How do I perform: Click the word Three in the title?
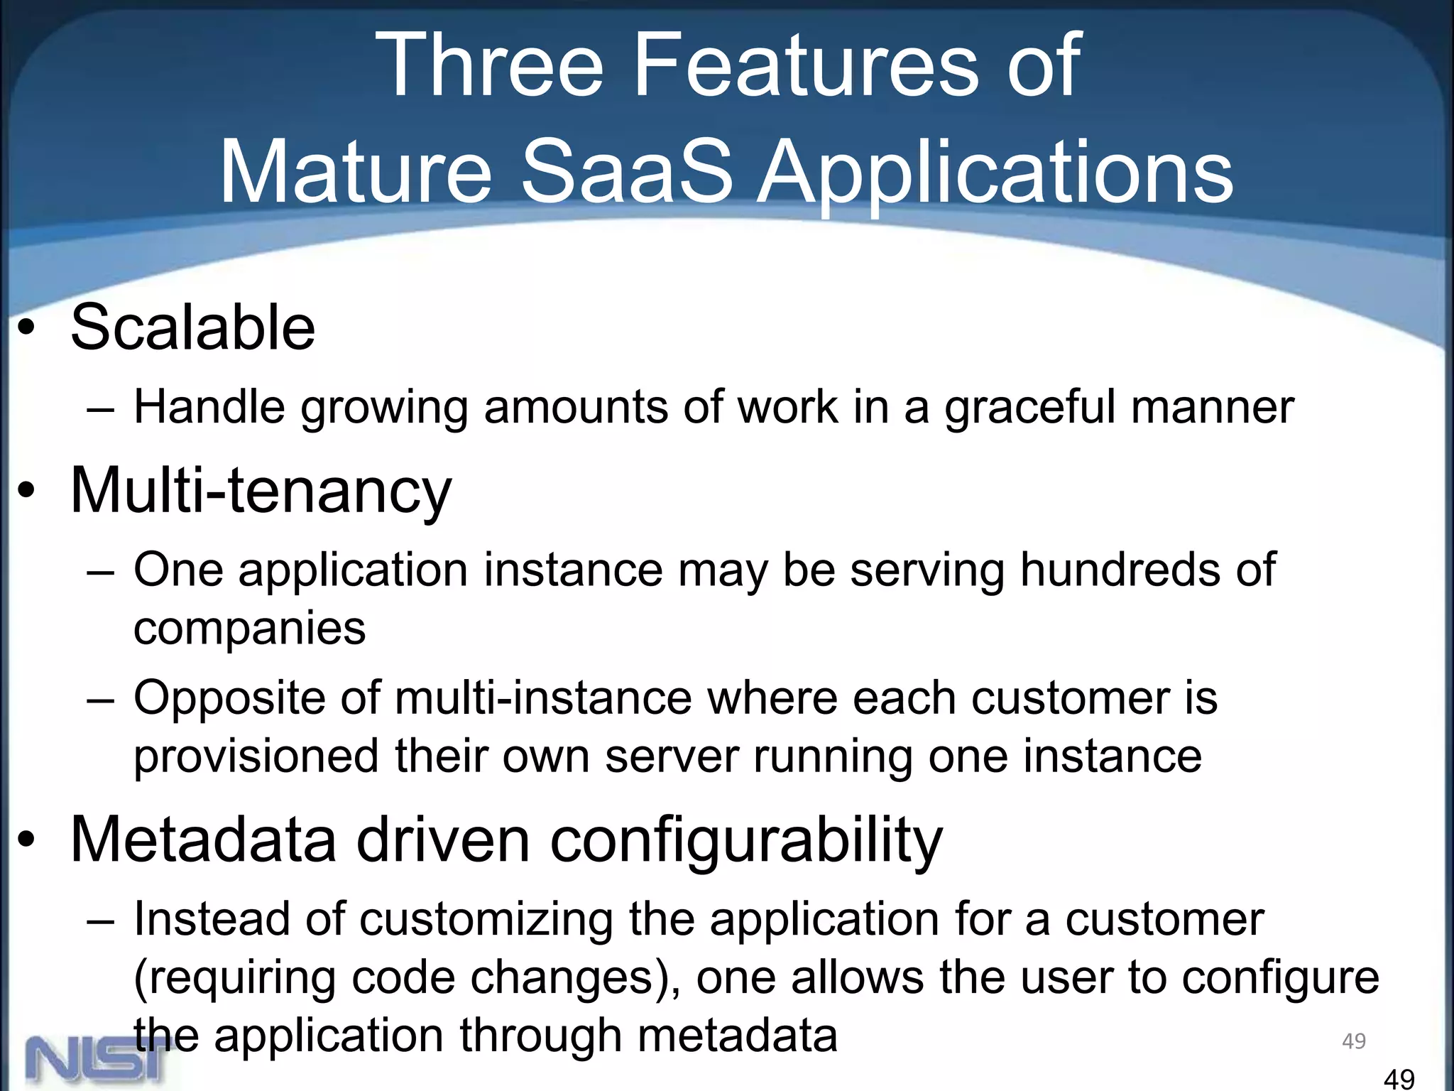[x=490, y=65]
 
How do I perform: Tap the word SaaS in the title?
[x=626, y=173]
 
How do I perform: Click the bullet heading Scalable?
[x=192, y=327]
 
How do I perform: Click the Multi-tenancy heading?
[x=261, y=491]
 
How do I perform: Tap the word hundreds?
[x=1119, y=570]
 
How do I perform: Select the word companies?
[x=249, y=629]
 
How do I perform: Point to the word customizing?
[x=486, y=920]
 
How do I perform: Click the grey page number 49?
[x=1353, y=1041]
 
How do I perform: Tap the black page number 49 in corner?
[x=1399, y=1079]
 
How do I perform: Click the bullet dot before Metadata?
[x=27, y=840]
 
